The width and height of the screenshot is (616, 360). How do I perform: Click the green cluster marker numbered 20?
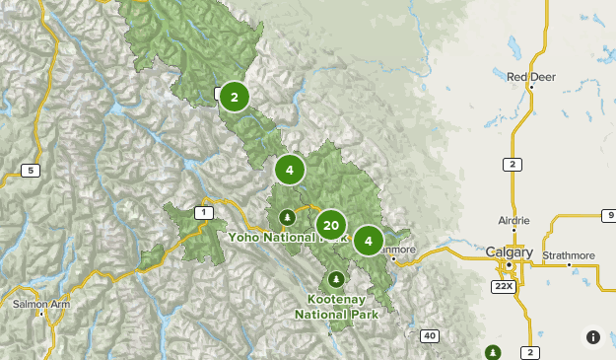click(330, 226)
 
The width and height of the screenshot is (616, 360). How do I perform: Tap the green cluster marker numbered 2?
click(234, 97)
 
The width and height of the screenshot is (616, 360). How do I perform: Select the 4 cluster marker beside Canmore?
click(368, 240)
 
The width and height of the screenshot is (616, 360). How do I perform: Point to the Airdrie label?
click(513, 221)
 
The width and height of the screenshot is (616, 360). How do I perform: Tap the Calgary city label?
click(509, 252)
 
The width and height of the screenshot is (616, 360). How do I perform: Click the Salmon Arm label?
click(40, 305)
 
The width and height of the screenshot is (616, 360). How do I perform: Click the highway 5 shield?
click(31, 171)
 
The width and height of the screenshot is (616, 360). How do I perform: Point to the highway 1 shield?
click(204, 212)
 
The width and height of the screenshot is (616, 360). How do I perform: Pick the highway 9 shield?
click(609, 214)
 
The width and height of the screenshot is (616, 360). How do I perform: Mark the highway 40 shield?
click(429, 336)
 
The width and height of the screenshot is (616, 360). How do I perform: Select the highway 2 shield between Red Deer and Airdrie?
click(513, 164)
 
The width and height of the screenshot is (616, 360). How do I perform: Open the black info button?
click(592, 337)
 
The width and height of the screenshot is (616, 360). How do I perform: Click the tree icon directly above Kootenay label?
click(337, 278)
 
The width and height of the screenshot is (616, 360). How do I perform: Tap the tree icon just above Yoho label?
click(287, 217)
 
